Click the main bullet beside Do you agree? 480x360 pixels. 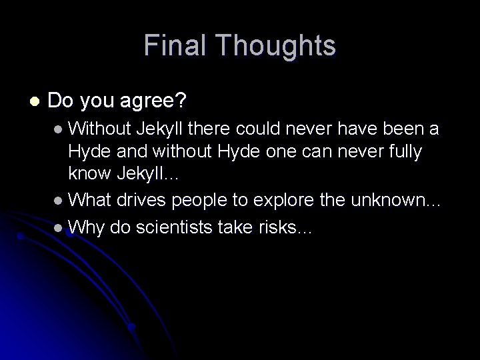[33, 101]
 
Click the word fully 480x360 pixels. [400, 151]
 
